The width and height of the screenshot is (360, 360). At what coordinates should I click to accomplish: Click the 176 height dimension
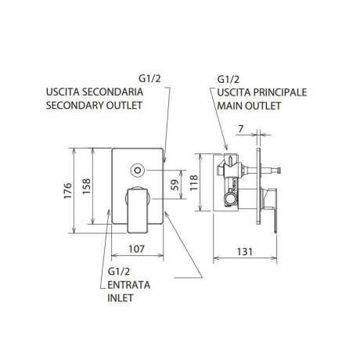pyautogui.click(x=68, y=191)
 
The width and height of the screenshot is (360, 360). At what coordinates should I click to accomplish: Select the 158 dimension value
pyautogui.click(x=86, y=185)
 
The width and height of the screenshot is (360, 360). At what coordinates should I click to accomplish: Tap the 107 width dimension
pyautogui.click(x=136, y=249)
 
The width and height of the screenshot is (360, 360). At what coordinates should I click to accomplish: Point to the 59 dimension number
pyautogui.click(x=176, y=185)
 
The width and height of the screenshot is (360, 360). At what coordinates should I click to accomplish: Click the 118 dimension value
pyautogui.click(x=194, y=182)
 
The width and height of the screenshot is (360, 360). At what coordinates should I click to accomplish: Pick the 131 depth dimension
pyautogui.click(x=245, y=252)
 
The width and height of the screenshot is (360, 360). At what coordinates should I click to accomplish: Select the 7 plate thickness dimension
pyautogui.click(x=241, y=128)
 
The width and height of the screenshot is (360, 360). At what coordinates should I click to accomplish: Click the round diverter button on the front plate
pyautogui.click(x=137, y=170)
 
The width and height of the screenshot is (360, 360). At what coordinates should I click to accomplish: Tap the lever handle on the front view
pyautogui.click(x=138, y=210)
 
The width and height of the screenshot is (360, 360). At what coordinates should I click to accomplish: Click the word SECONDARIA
pyautogui.click(x=113, y=92)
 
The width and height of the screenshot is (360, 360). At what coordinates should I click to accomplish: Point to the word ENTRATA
pyautogui.click(x=129, y=285)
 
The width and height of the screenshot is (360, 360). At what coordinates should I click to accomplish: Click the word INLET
pyautogui.click(x=121, y=298)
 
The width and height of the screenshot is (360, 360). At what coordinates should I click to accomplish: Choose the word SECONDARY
pyautogui.click(x=74, y=105)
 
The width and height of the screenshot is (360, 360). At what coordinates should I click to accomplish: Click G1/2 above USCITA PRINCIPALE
pyautogui.click(x=229, y=79)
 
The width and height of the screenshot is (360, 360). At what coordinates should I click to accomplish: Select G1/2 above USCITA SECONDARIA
pyautogui.click(x=149, y=78)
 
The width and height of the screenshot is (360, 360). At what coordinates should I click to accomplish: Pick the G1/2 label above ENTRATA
pyautogui.click(x=119, y=272)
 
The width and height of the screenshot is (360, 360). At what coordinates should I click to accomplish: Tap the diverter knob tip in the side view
pyautogui.click(x=279, y=171)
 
